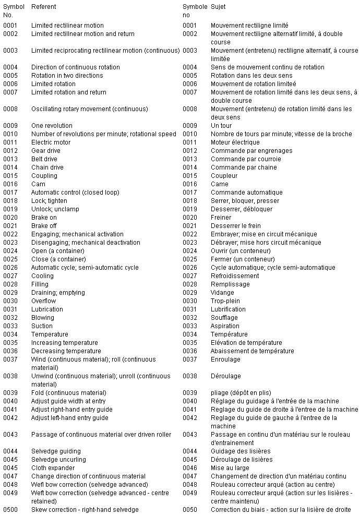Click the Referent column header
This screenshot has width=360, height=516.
(x=43, y=7)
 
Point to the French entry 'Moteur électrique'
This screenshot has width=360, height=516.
(x=235, y=142)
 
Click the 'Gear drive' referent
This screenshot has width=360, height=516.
(x=45, y=151)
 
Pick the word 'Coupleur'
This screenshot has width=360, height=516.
(x=224, y=176)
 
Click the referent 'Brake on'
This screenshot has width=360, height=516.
(x=44, y=218)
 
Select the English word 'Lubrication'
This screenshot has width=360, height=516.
(x=47, y=309)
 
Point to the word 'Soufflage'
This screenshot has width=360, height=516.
(x=224, y=318)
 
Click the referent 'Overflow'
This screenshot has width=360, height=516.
(x=43, y=301)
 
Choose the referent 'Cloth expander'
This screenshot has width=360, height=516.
(x=53, y=468)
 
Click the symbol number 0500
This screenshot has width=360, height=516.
(x=10, y=510)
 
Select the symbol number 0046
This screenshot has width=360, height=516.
(x=190, y=468)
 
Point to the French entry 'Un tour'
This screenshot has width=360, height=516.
(x=221, y=126)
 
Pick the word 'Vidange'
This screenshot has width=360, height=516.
(x=222, y=293)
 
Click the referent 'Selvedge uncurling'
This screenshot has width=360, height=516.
(x=56, y=460)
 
